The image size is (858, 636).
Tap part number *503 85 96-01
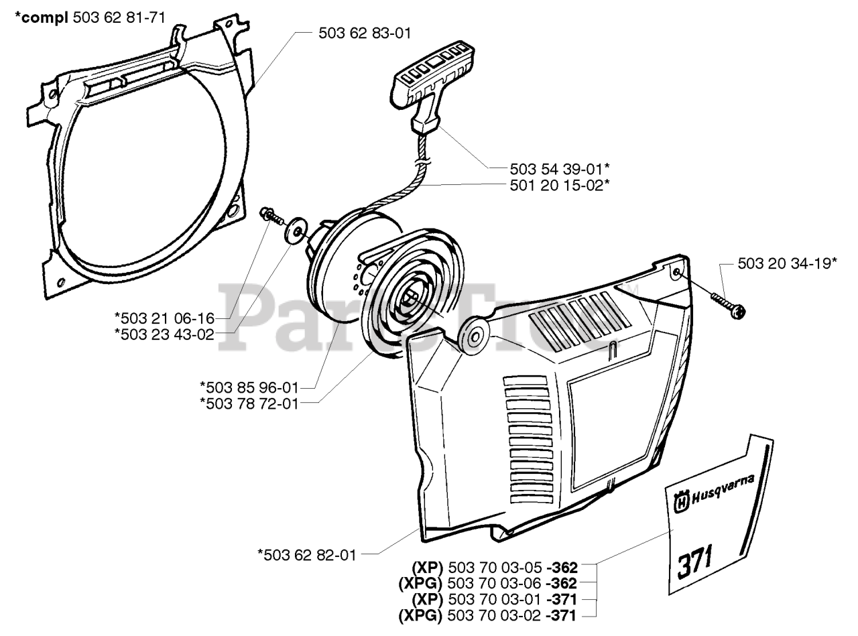tap(249, 387)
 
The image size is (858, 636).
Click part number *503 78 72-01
tap(249, 403)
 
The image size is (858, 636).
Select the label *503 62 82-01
tap(307, 554)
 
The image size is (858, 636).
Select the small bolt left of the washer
tap(267, 216)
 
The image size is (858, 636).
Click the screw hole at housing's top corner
tap(676, 271)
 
